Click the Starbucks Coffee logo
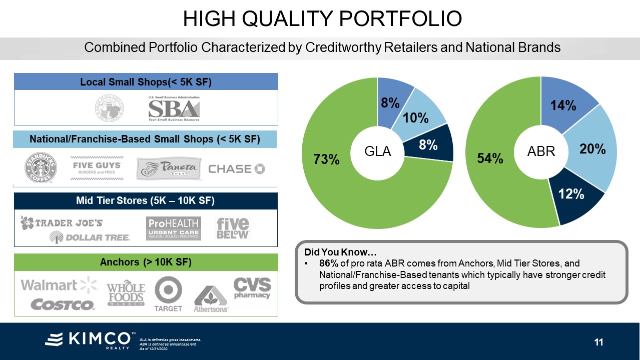[41, 168]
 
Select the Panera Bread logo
[169, 168]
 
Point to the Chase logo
[236, 168]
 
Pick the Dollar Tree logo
[90, 237]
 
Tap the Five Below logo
[233, 228]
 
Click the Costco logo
[63, 304]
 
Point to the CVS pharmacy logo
[252, 287]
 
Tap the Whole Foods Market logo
[126, 294]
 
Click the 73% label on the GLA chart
[326, 159]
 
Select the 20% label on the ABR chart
[592, 148]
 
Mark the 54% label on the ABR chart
[490, 158]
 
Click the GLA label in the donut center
[377, 151]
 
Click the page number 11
[598, 342]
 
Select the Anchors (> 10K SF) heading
[146, 262]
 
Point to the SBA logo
[174, 108]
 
